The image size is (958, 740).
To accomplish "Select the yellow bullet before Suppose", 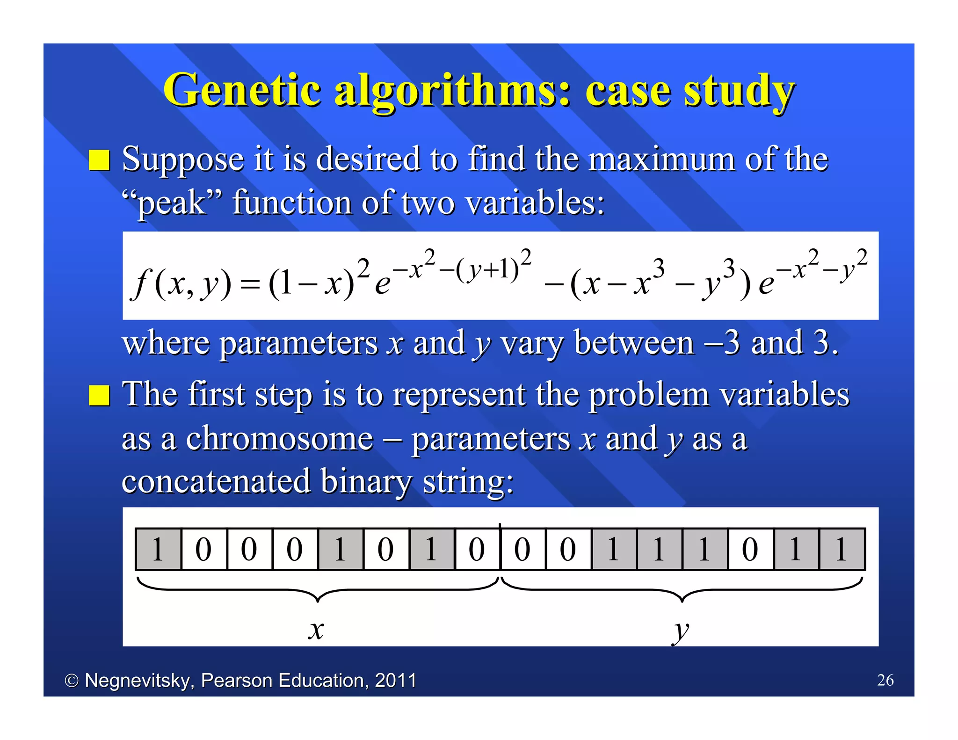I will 99,160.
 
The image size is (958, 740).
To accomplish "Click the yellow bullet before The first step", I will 99,396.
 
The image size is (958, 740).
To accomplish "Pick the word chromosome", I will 280,439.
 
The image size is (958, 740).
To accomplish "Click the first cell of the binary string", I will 158,549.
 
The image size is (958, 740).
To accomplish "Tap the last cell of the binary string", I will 842,549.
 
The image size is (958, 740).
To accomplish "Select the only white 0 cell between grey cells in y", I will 750,549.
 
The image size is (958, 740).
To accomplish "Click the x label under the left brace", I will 316,630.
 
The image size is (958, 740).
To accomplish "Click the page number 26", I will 885,680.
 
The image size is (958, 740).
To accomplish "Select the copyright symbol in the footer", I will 72,681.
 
